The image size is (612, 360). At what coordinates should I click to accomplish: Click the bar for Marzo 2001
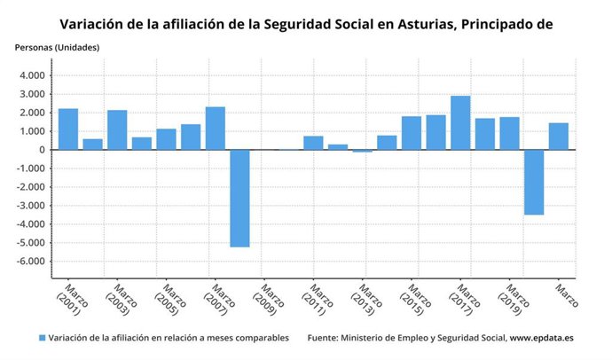click(x=68, y=129)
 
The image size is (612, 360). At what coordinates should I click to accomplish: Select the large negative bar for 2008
click(x=239, y=198)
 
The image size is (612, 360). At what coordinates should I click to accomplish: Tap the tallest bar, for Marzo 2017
click(x=460, y=123)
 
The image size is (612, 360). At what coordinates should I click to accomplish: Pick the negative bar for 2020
click(x=534, y=182)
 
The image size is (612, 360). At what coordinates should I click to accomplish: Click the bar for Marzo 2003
click(x=117, y=130)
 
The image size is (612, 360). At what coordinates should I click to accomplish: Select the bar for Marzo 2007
click(x=216, y=129)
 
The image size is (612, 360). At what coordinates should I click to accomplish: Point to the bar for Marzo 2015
click(x=412, y=133)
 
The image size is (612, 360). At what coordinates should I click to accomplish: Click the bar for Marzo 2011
click(x=313, y=143)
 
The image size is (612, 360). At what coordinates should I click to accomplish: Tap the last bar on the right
click(x=558, y=137)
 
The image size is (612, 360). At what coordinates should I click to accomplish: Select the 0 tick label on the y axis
click(x=42, y=150)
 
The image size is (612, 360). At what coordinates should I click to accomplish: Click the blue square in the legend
click(x=42, y=338)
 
